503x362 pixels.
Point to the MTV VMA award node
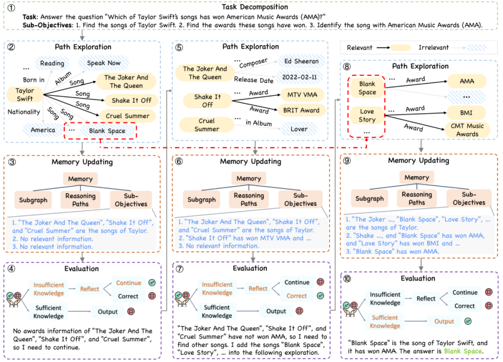(299, 95)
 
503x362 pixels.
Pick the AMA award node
(467, 82)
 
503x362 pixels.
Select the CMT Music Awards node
(467, 130)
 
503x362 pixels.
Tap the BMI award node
(467, 112)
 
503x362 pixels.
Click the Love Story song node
(367, 116)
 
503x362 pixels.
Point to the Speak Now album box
(101, 63)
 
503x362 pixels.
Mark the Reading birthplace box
(52, 63)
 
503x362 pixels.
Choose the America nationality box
(43, 130)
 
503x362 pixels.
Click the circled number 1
(9, 7)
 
